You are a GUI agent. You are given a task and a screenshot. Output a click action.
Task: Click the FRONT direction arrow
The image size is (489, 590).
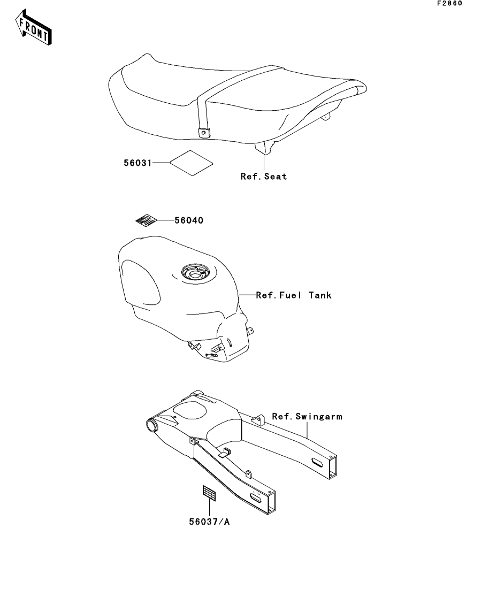[33, 27]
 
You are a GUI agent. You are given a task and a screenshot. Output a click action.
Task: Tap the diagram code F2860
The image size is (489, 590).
[449, 3]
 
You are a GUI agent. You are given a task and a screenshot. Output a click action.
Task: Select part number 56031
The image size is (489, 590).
[138, 163]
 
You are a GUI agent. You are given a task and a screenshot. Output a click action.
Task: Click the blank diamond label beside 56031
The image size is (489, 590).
[191, 163]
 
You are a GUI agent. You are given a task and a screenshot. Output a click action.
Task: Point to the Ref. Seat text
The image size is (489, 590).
[264, 177]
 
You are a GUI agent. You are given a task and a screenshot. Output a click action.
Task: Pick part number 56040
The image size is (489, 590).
[189, 220]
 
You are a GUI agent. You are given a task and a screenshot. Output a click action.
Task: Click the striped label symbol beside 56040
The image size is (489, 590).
[146, 220]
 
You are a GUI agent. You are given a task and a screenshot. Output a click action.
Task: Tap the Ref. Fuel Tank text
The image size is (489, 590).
[294, 295]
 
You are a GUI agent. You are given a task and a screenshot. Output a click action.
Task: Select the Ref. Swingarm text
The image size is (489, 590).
[307, 417]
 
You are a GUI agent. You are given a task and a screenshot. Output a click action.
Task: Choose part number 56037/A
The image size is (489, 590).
[209, 522]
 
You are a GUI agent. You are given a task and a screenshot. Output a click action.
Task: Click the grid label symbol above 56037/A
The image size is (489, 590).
[209, 493]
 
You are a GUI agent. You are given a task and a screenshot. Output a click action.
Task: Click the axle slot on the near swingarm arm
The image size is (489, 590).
[257, 499]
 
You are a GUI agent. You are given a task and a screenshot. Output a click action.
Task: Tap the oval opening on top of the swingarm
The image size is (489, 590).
[190, 410]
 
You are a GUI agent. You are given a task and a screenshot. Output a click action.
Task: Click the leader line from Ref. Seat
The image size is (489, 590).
[264, 161]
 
